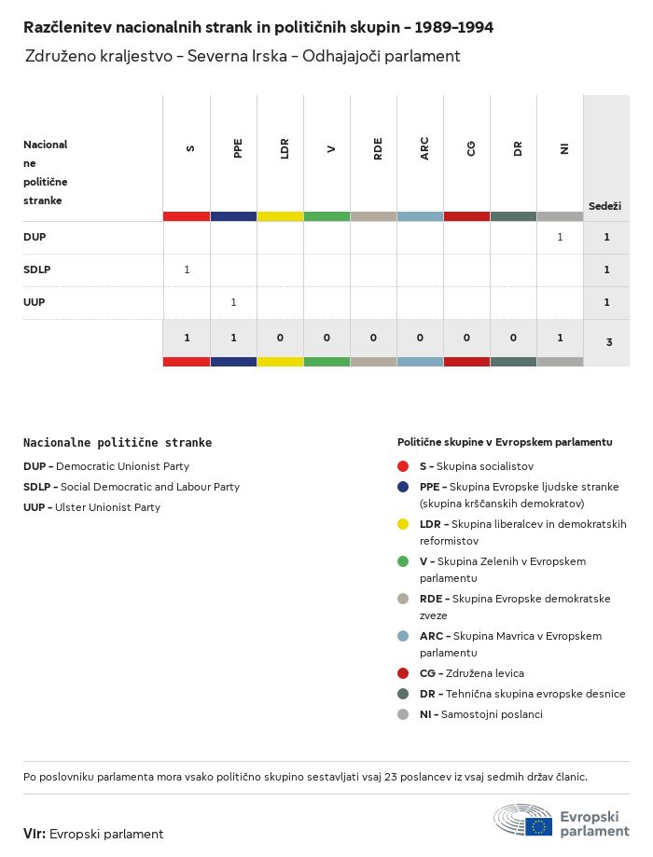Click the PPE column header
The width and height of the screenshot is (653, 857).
(238, 147)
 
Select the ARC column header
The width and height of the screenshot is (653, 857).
(424, 149)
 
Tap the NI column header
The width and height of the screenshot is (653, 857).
(564, 148)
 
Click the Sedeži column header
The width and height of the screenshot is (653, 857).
(604, 205)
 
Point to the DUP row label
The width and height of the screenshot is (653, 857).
(35, 237)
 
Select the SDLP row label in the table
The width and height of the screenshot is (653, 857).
(36, 270)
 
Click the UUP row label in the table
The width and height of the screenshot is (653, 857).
(35, 302)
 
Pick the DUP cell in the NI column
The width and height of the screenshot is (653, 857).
(560, 237)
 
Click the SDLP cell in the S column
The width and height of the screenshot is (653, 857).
(187, 270)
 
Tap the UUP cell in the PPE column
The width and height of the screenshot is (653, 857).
(233, 302)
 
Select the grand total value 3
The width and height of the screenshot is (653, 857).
(609, 342)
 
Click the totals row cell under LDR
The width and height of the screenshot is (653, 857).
(280, 338)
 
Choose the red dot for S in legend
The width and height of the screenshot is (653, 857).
(403, 466)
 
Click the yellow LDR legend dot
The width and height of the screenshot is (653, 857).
(403, 524)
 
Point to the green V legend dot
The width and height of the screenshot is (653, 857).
(403, 561)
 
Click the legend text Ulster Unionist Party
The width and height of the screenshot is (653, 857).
(107, 507)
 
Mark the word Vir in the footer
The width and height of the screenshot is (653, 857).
(34, 834)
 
